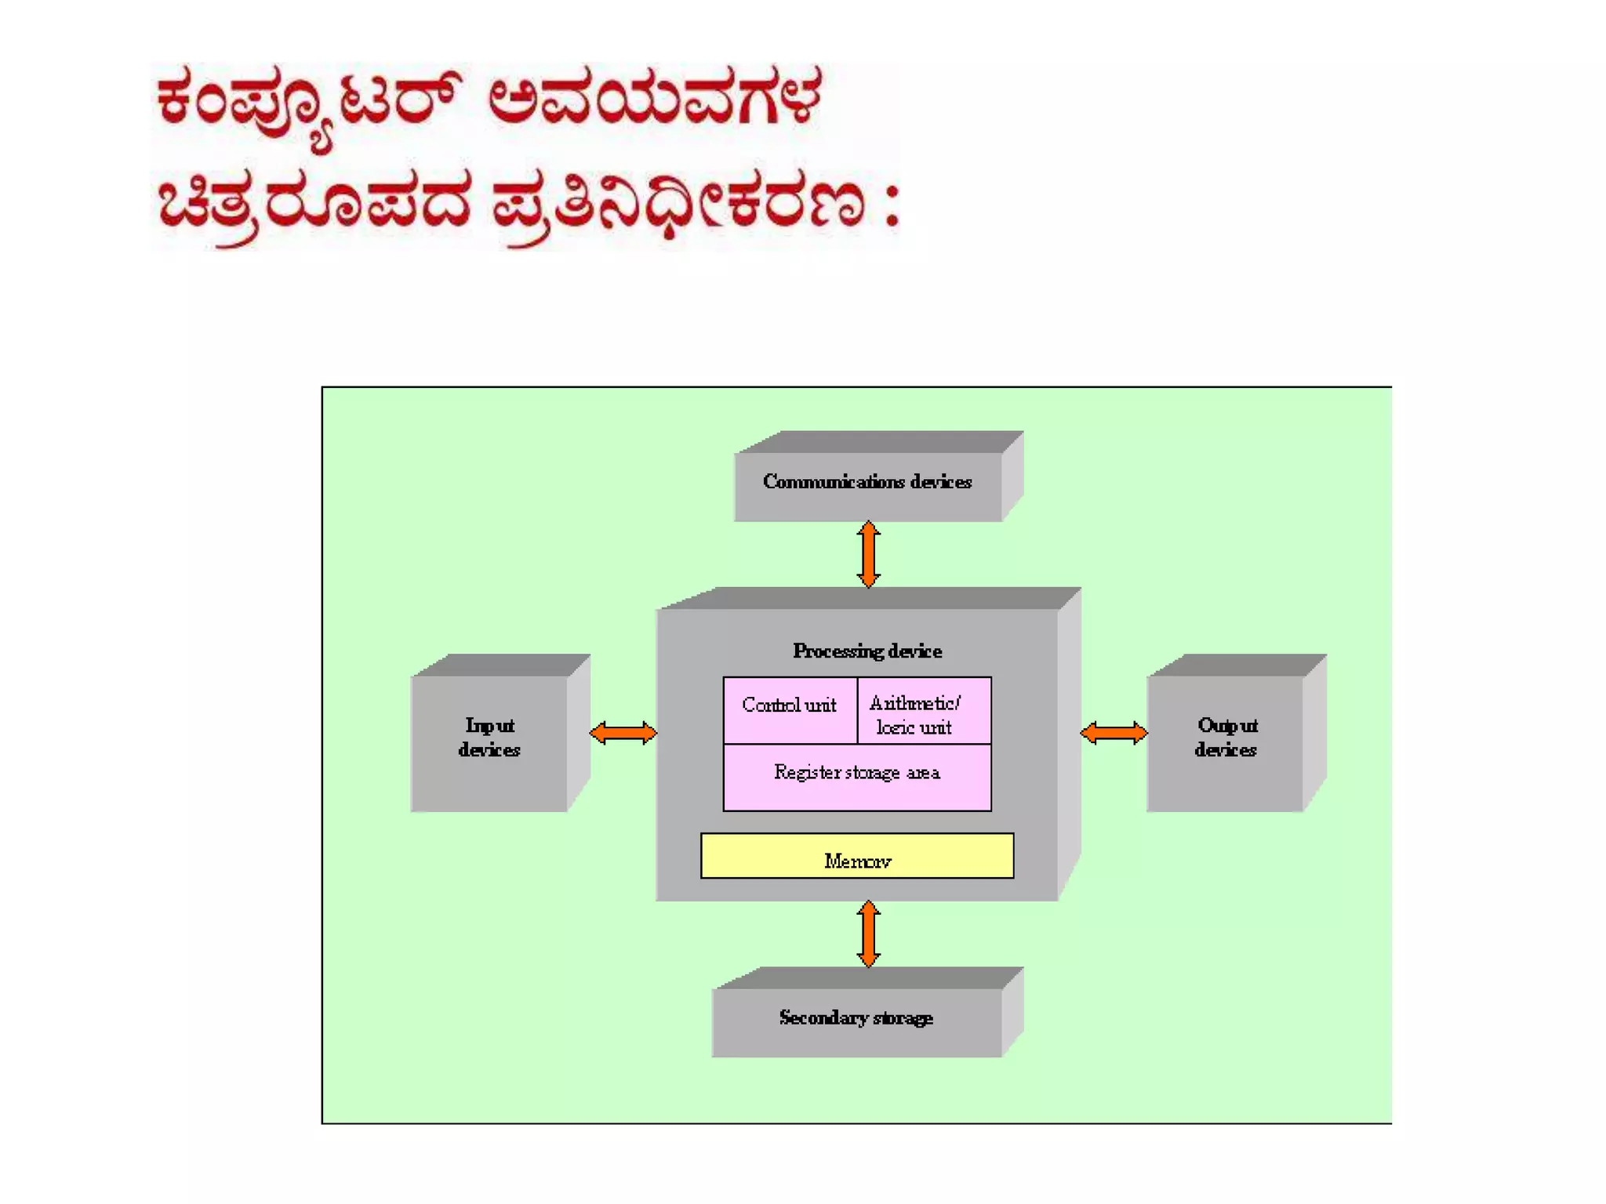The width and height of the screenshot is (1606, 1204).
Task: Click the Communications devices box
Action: [x=867, y=486]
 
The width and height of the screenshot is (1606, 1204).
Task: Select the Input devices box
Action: [x=489, y=742]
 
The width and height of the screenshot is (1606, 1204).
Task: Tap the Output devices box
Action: [x=1225, y=742]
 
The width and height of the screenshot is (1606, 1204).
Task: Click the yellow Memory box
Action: [x=856, y=856]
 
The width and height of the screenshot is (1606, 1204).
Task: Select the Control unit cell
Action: [x=790, y=709]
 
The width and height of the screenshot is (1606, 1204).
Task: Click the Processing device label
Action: [x=867, y=651]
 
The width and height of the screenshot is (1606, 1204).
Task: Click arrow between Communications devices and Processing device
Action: [x=868, y=554]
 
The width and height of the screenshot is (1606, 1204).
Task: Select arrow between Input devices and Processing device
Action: [x=623, y=733]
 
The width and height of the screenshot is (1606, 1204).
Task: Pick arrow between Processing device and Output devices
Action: [x=1114, y=733]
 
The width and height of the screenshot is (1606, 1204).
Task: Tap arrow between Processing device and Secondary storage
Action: [x=868, y=934]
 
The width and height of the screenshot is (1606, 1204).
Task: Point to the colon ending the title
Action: [x=891, y=205]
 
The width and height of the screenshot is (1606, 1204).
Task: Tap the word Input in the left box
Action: [x=490, y=725]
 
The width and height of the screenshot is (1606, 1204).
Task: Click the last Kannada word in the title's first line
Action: [x=655, y=98]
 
